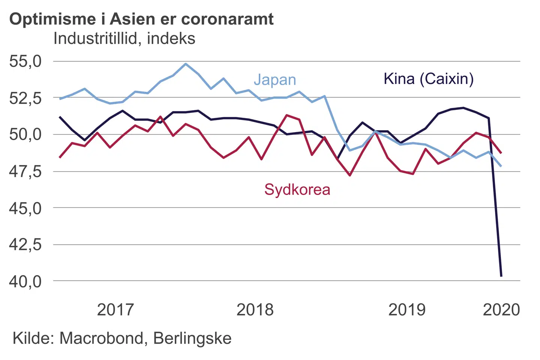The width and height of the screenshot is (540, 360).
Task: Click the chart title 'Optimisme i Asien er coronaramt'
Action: (x=141, y=19)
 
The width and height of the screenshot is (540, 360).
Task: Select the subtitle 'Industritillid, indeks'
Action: (x=124, y=39)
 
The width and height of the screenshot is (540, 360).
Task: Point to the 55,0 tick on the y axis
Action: (x=25, y=61)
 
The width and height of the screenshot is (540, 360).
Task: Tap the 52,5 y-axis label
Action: (x=25, y=98)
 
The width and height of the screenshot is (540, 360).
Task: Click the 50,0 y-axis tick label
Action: (x=25, y=134)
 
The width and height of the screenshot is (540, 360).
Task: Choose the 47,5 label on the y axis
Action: (x=25, y=171)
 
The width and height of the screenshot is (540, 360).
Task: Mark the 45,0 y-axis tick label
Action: (x=25, y=208)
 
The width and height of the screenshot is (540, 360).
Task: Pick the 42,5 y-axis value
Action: (x=25, y=244)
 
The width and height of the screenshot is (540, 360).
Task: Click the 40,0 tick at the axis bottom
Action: (x=25, y=281)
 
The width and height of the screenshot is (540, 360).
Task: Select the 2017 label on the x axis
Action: (x=115, y=310)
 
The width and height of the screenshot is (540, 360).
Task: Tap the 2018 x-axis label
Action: (x=255, y=310)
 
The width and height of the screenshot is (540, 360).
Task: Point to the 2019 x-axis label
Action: (x=407, y=310)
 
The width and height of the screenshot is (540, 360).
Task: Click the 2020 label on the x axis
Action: (x=501, y=310)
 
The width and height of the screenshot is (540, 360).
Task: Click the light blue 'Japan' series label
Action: (x=275, y=80)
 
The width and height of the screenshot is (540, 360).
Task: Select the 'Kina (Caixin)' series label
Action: (x=429, y=79)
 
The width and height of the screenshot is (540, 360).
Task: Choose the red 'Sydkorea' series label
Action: (x=297, y=189)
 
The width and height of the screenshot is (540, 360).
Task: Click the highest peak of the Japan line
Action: (x=186, y=64)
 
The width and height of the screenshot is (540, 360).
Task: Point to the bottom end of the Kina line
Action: (x=501, y=276)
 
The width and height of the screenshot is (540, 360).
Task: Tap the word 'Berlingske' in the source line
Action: (x=192, y=338)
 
